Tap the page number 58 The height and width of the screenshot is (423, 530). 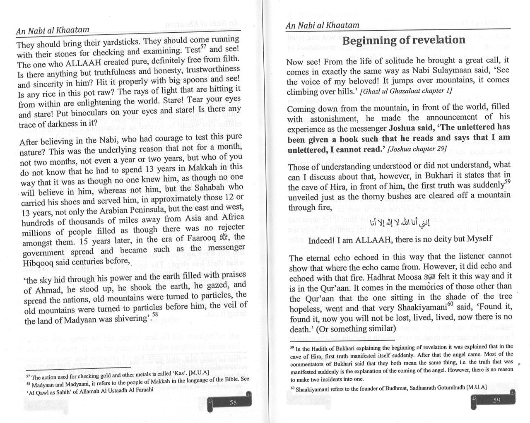tap(233, 402)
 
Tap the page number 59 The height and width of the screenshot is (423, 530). tap(496, 400)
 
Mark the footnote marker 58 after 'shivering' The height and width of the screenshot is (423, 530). tap(155, 314)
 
